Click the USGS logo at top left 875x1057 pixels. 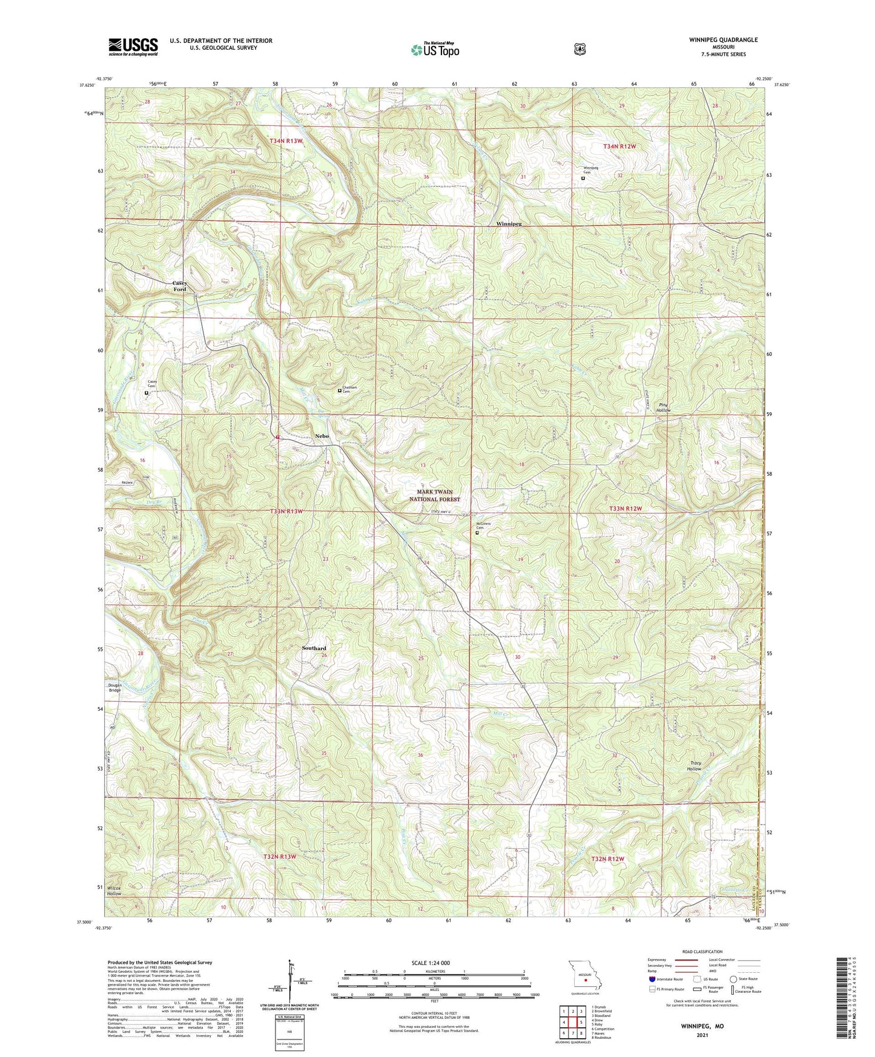[x=133, y=47]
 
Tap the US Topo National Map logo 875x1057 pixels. [x=435, y=50]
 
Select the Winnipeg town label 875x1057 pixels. [x=509, y=223]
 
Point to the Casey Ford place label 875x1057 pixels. [x=180, y=286]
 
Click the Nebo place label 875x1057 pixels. [x=322, y=436]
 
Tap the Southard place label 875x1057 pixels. [x=314, y=648]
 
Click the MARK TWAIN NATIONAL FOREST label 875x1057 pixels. [x=434, y=496]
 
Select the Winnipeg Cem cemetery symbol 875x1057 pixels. [x=583, y=179]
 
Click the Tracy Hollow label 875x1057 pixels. [x=695, y=766]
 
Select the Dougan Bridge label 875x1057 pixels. [x=115, y=688]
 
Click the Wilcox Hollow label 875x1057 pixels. [x=114, y=891]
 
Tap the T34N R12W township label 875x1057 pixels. [x=619, y=147]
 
